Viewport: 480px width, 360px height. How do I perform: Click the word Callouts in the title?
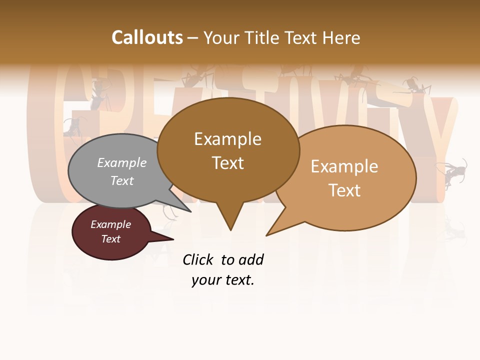click(x=147, y=37)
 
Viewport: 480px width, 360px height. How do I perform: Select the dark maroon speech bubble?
click(x=111, y=232)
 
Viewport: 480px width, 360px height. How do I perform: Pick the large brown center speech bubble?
click(x=228, y=150)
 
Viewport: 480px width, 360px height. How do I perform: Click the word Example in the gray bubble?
click(x=122, y=163)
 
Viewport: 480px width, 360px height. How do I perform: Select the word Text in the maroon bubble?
click(x=111, y=239)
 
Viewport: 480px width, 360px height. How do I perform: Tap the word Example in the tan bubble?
click(x=344, y=166)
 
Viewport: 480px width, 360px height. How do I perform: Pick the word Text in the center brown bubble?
click(x=228, y=163)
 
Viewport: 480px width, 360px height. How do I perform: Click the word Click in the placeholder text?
click(x=198, y=259)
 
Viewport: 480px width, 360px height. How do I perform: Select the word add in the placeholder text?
click(x=251, y=259)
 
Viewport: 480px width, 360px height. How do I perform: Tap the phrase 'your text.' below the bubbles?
click(x=223, y=280)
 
